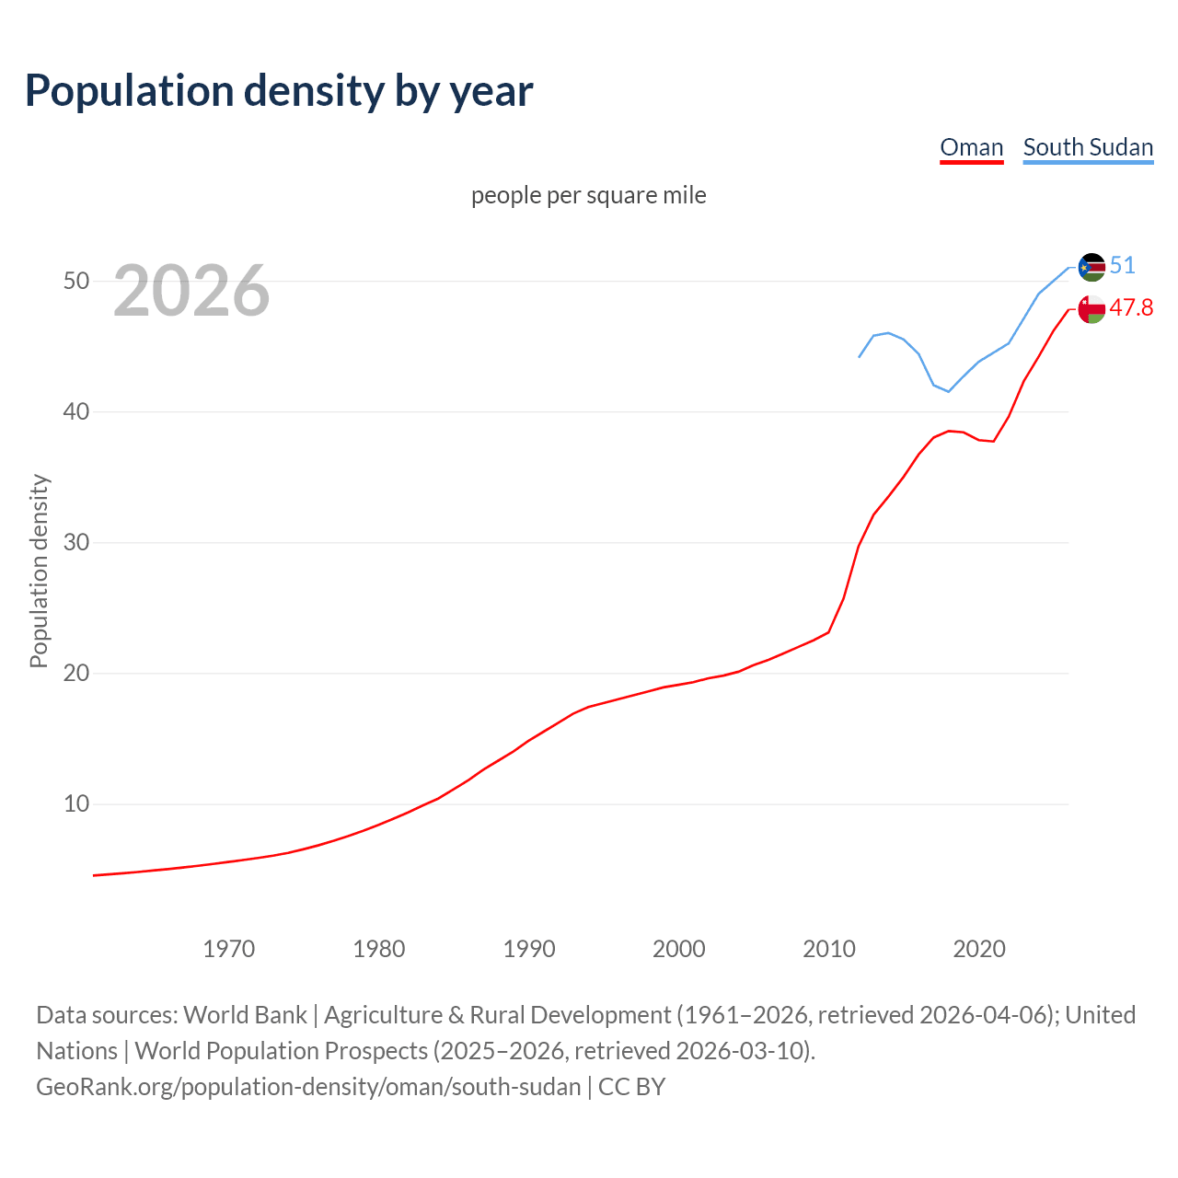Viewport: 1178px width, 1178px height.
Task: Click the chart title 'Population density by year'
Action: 279,91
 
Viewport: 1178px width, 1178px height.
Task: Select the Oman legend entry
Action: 971,147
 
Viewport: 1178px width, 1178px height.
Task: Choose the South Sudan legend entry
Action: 1088,147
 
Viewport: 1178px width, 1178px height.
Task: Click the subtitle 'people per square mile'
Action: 588,195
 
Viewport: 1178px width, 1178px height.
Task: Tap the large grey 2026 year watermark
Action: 191,291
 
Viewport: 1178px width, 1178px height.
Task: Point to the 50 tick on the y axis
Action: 76,281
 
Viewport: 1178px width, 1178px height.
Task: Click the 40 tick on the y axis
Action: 76,411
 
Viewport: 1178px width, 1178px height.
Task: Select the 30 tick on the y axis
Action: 76,542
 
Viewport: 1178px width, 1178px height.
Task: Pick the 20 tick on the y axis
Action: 76,673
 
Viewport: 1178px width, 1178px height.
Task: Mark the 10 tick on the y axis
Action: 76,803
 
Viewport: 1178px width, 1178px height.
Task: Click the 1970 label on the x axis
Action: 229,949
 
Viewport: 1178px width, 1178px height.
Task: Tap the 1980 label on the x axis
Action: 379,949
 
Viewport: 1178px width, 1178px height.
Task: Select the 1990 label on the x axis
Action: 529,949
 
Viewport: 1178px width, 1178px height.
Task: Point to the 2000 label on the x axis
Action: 679,949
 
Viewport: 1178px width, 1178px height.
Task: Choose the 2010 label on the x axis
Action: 829,949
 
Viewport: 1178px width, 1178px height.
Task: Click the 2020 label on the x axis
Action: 979,949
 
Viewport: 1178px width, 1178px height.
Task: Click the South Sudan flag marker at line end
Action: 1091,267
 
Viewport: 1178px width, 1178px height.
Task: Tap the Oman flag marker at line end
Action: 1091,309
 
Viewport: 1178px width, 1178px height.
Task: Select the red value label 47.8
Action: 1131,308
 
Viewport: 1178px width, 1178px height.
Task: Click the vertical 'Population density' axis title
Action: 39,571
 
